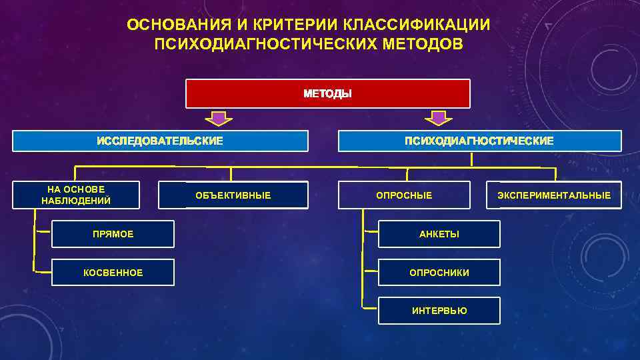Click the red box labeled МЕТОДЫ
tap(327, 94)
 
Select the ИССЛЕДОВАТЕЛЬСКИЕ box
tap(160, 141)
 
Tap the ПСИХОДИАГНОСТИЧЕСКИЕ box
tap(479, 141)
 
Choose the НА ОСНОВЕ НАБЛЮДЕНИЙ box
tap(76, 195)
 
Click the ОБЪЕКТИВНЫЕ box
tap(233, 195)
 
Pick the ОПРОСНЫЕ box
tap(404, 195)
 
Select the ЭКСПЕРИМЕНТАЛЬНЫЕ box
tap(554, 195)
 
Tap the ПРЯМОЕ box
tap(113, 234)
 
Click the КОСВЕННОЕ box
tap(113, 273)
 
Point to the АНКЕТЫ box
tap(439, 234)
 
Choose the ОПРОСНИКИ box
tap(439, 273)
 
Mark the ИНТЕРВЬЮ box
tap(439, 311)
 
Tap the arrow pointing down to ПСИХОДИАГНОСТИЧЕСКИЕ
tap(438, 119)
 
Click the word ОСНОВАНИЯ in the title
tap(175, 25)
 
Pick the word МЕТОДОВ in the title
tap(421, 44)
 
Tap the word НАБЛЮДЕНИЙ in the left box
tap(76, 201)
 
